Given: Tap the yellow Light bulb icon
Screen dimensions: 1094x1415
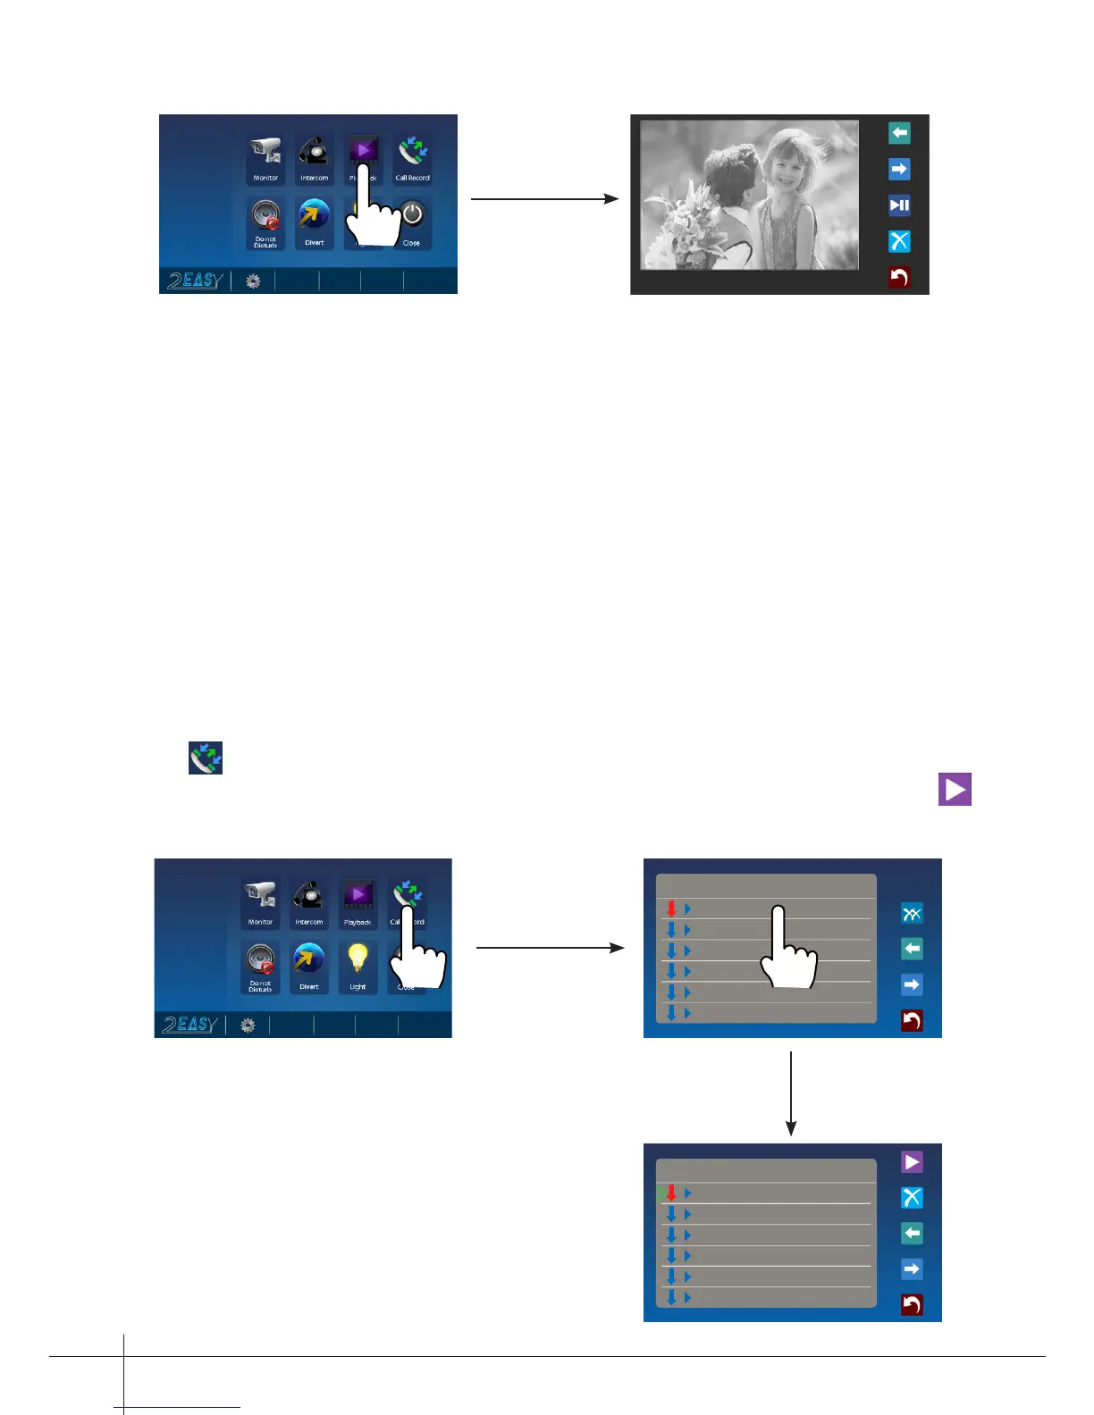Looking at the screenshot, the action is [x=358, y=960].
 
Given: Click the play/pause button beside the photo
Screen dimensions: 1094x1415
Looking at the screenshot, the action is [x=899, y=205].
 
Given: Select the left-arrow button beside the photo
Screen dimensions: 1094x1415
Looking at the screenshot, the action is [x=899, y=133].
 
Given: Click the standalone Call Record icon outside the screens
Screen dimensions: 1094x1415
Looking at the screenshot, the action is [x=206, y=758].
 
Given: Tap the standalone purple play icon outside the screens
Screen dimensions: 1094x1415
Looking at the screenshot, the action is [x=955, y=790].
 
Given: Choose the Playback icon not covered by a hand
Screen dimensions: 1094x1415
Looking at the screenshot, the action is [x=358, y=895].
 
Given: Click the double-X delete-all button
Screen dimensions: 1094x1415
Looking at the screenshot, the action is [x=912, y=913].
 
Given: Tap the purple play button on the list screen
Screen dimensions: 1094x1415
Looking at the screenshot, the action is [x=912, y=1161].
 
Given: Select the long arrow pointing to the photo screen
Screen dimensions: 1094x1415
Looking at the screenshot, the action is [x=544, y=199].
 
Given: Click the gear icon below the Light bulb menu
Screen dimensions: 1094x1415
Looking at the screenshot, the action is [x=248, y=1026].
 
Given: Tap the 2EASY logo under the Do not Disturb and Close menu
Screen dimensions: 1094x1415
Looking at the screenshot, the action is [x=194, y=280].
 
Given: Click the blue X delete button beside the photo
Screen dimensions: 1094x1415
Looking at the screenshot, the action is [x=899, y=241].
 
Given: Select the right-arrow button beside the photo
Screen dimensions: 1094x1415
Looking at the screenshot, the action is [x=899, y=169].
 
